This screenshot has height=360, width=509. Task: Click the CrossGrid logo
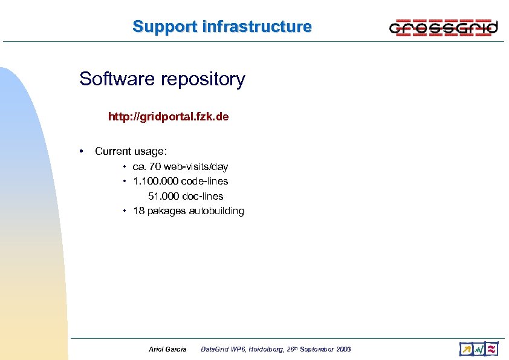[443, 27]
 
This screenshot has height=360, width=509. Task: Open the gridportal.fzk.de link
[168, 117]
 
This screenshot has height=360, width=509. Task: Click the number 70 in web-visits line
[155, 166]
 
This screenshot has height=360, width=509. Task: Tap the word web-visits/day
[198, 166]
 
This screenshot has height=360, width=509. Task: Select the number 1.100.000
[155, 181]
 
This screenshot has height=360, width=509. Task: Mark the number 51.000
[163, 196]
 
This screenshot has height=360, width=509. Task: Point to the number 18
[138, 211]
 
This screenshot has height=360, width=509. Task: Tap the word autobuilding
[216, 211]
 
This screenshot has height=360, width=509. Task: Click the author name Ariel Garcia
[167, 349]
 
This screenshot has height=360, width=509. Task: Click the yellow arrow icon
[466, 349]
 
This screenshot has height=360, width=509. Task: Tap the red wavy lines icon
[492, 349]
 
